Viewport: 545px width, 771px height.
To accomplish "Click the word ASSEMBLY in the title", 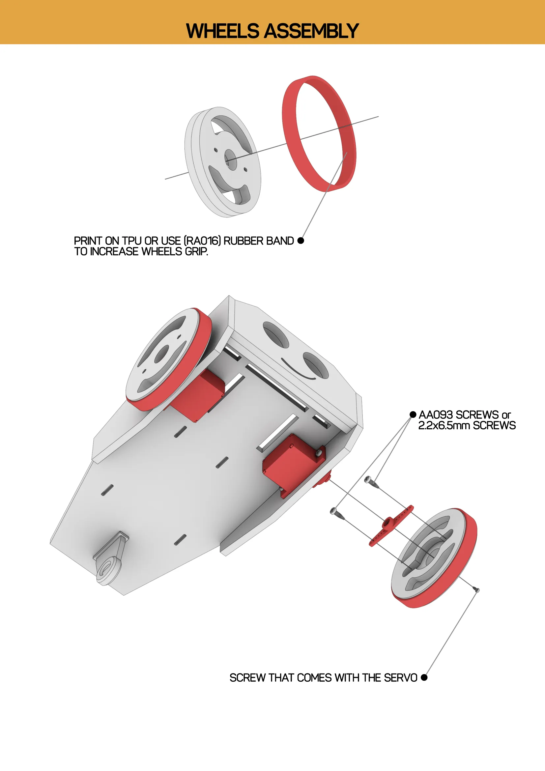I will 312,31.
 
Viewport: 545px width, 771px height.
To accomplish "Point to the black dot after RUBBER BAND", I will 301,241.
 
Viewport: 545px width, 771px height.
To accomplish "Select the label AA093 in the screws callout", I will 436,415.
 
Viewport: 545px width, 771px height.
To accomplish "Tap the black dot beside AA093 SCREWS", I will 413,415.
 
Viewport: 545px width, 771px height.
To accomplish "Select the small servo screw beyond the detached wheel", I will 476,589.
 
